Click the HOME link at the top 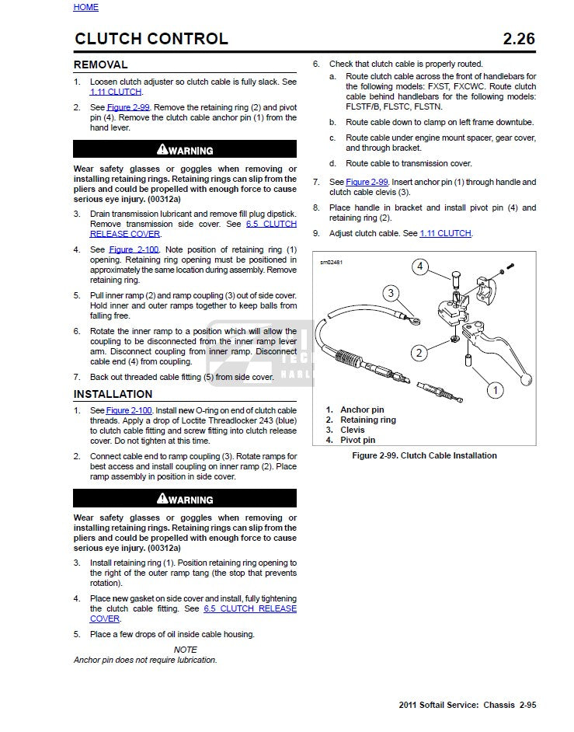[85, 7]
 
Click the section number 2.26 [519, 39]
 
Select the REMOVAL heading [100, 64]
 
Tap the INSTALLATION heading [113, 394]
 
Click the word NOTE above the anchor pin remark [185, 650]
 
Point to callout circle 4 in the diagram [420, 267]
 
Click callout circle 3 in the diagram [391, 294]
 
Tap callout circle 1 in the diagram [494, 389]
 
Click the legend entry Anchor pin [362, 410]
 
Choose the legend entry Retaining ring [367, 420]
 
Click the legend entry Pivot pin [357, 440]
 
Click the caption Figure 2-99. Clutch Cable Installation [424, 455]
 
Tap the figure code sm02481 [331, 262]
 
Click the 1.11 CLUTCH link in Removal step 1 [116, 92]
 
